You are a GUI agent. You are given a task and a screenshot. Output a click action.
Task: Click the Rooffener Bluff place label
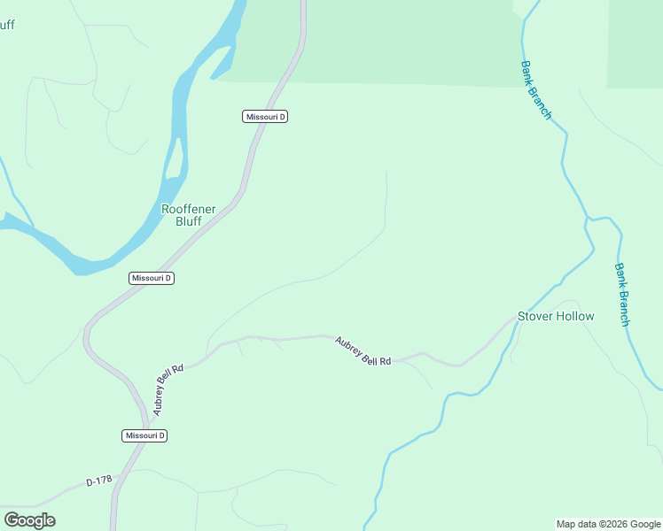[188, 215]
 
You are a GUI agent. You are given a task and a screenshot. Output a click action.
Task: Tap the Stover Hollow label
[556, 316]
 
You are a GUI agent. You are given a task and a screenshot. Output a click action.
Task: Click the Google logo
[29, 520]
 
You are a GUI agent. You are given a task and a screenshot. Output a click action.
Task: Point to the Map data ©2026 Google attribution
[608, 524]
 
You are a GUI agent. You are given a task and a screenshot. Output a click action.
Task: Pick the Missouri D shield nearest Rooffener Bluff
[152, 278]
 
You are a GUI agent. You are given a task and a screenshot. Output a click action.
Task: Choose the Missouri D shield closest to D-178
[144, 435]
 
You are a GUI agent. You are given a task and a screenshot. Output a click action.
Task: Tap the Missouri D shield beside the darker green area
[265, 117]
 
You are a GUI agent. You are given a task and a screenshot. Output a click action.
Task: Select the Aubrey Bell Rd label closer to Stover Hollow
[363, 351]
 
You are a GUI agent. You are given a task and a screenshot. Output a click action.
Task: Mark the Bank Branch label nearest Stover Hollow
[622, 295]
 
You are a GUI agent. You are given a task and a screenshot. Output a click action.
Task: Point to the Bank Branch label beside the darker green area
[536, 89]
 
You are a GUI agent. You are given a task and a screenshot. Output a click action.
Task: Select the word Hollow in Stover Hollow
[575, 316]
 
